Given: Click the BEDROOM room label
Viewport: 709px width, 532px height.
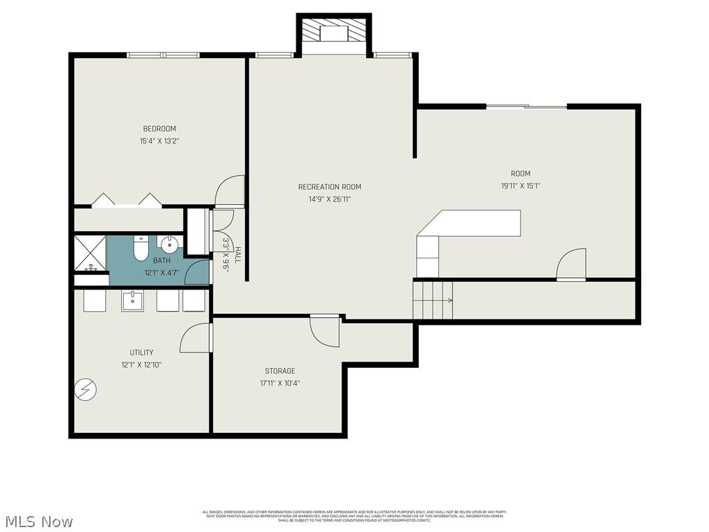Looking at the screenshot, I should tap(159, 128).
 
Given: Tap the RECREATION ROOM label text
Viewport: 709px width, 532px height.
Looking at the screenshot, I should tap(330, 186).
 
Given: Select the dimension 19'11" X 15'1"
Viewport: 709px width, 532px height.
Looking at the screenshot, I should tap(521, 186).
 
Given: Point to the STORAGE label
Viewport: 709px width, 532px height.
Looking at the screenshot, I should tap(280, 371).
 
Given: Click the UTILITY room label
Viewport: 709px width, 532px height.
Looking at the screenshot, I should tap(141, 352).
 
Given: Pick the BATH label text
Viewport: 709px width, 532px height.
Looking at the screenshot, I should tap(161, 260).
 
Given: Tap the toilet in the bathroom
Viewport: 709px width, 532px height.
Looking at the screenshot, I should tap(141, 247).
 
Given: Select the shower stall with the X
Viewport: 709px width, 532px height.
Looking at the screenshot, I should tap(90, 254).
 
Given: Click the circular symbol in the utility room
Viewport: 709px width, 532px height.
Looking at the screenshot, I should tap(86, 390).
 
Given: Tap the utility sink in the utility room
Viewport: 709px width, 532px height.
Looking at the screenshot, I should tap(132, 301).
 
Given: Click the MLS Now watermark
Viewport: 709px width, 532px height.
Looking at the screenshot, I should tap(39, 521).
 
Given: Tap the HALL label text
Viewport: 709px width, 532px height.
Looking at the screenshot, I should tap(237, 254).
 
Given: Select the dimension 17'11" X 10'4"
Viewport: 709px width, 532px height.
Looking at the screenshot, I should tap(280, 383).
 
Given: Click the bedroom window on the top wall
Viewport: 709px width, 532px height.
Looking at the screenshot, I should tap(163, 55).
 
